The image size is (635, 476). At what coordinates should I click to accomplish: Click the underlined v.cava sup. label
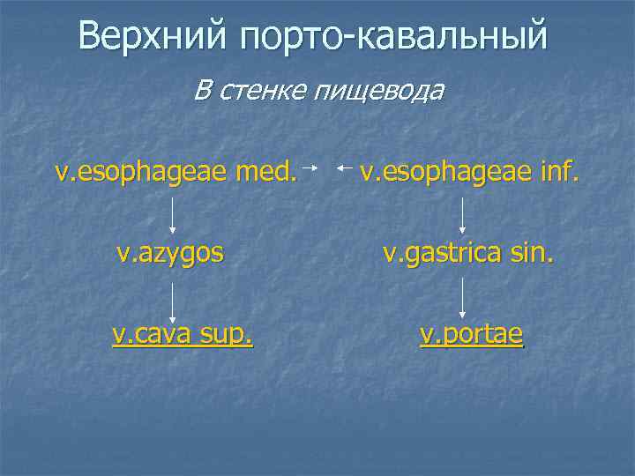pyautogui.click(x=183, y=336)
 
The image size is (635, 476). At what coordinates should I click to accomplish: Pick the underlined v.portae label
pyautogui.click(x=471, y=336)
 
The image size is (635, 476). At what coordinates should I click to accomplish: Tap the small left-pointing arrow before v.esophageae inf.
pyautogui.click(x=346, y=166)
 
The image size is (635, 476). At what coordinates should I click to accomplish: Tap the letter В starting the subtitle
pyautogui.click(x=203, y=89)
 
